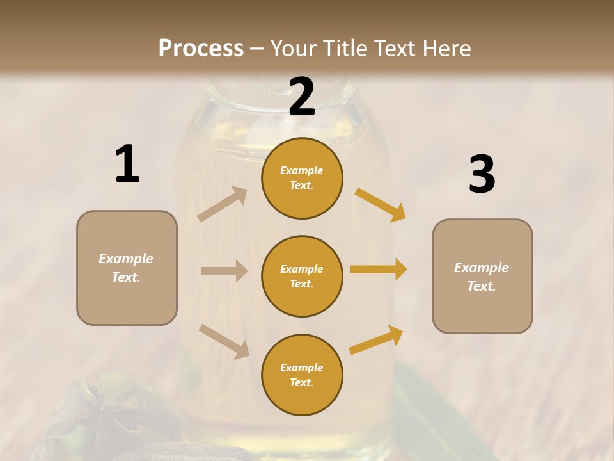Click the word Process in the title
pyautogui.click(x=201, y=49)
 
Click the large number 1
pyautogui.click(x=127, y=165)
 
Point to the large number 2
pyautogui.click(x=302, y=97)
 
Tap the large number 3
pyautogui.click(x=482, y=175)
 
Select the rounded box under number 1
pyautogui.click(x=127, y=268)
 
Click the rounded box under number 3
pyautogui.click(x=482, y=277)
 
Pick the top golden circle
pyautogui.click(x=302, y=178)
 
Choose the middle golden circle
pyautogui.click(x=302, y=276)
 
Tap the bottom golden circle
pyautogui.click(x=302, y=375)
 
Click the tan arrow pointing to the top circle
pyautogui.click(x=223, y=204)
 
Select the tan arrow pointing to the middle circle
pyautogui.click(x=224, y=271)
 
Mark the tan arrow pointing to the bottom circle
pyautogui.click(x=224, y=341)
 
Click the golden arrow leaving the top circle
pyautogui.click(x=381, y=204)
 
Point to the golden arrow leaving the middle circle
pyautogui.click(x=379, y=269)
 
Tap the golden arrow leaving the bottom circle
pyautogui.click(x=377, y=340)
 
